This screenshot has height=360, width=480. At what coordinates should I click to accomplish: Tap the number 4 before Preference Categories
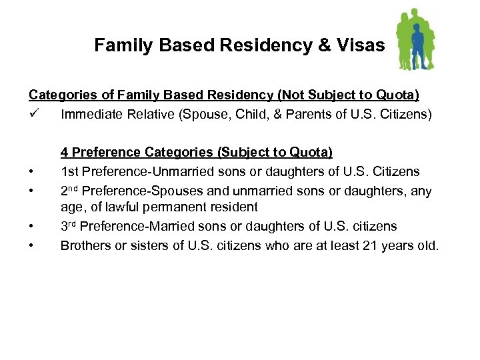point(65,153)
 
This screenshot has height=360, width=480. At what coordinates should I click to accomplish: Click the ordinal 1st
point(70,172)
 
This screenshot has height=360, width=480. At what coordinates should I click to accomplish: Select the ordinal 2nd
point(71,191)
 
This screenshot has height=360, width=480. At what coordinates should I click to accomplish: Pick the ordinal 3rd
point(71,226)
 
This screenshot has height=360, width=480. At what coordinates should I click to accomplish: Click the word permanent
point(170,207)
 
